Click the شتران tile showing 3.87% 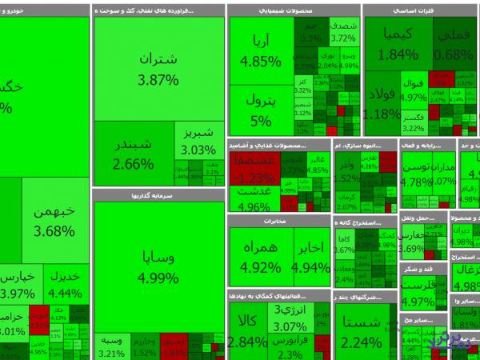click(158, 70)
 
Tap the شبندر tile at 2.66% click(134, 154)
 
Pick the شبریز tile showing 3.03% click(198, 142)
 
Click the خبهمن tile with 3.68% click(54, 221)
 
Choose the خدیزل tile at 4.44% click(66, 285)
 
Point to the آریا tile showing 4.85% click(261, 50)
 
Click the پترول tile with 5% click(261, 110)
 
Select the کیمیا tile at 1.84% click(398, 43)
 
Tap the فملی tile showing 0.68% click(454, 43)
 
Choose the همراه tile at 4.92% click(261, 257)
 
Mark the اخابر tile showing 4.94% click(311, 257)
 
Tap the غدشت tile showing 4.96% click(254, 199)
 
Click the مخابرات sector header click(279, 220)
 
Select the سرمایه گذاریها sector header click(158, 194)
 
